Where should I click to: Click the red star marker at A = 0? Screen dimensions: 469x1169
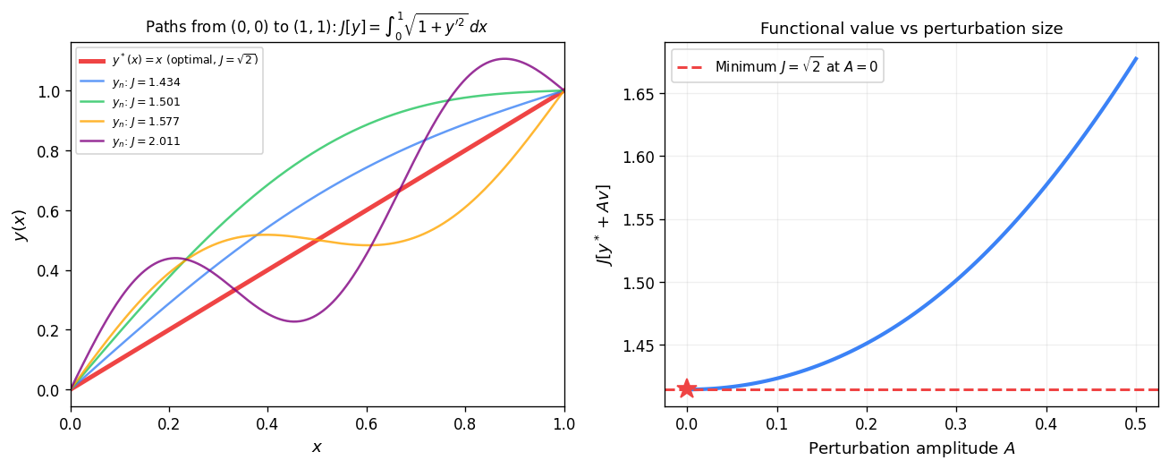tap(687, 388)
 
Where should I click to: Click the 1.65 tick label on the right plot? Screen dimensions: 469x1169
tap(640, 94)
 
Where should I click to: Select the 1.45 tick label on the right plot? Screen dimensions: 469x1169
tap(640, 345)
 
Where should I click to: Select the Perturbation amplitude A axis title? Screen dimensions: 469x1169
tap(911, 448)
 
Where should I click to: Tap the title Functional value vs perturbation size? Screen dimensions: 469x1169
tap(911, 29)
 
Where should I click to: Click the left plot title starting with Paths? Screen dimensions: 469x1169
tap(318, 27)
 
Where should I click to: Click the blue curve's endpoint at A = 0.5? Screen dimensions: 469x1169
tap(1136, 58)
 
